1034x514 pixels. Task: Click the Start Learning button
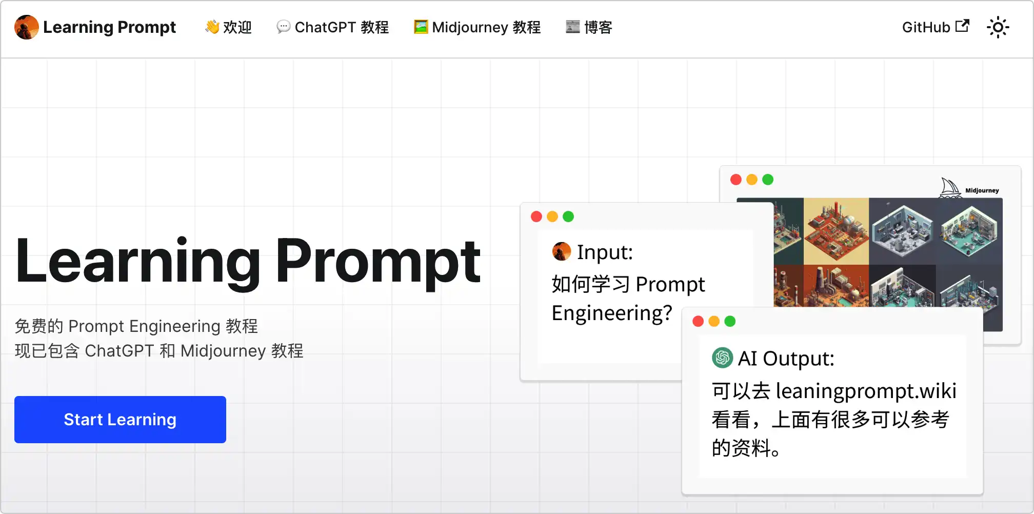tap(120, 420)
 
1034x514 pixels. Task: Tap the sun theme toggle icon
tap(998, 27)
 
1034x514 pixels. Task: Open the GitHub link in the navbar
tap(936, 27)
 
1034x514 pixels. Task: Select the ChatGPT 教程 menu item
tap(332, 27)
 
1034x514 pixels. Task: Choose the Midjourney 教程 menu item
tap(477, 27)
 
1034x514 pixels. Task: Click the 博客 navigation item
tap(589, 27)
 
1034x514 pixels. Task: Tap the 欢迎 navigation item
tap(228, 27)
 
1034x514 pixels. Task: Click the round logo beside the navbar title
tap(27, 27)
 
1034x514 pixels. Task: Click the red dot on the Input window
tap(536, 216)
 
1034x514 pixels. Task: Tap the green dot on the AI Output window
tap(730, 321)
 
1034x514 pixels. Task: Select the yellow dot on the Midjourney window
tap(752, 180)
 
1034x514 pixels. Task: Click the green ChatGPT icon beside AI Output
tap(722, 358)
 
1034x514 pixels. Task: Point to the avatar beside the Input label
tap(562, 251)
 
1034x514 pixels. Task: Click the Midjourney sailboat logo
tap(950, 188)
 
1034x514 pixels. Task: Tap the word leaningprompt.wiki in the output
tap(866, 391)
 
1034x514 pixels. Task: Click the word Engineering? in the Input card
tap(612, 313)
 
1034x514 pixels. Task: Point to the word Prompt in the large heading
tap(379, 262)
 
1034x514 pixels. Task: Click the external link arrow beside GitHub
tap(963, 26)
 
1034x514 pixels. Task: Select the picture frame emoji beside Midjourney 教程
tap(421, 27)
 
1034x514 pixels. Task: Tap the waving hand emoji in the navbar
tap(212, 27)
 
